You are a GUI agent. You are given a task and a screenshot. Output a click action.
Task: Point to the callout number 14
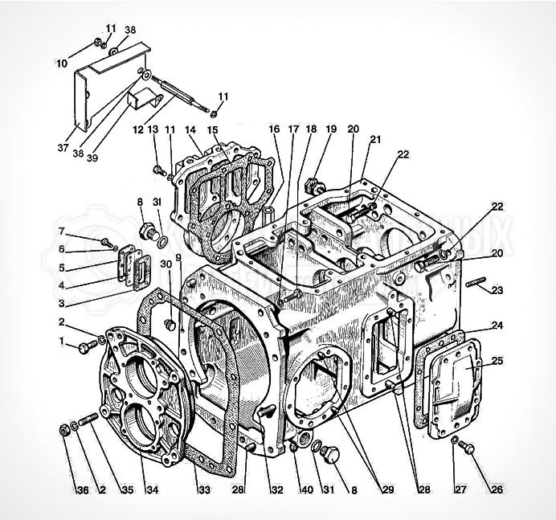(190, 129)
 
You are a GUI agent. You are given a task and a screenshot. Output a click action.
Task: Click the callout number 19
(331, 129)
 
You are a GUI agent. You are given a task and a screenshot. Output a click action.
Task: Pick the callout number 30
(166, 264)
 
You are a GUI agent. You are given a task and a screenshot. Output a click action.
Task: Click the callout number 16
(274, 129)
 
